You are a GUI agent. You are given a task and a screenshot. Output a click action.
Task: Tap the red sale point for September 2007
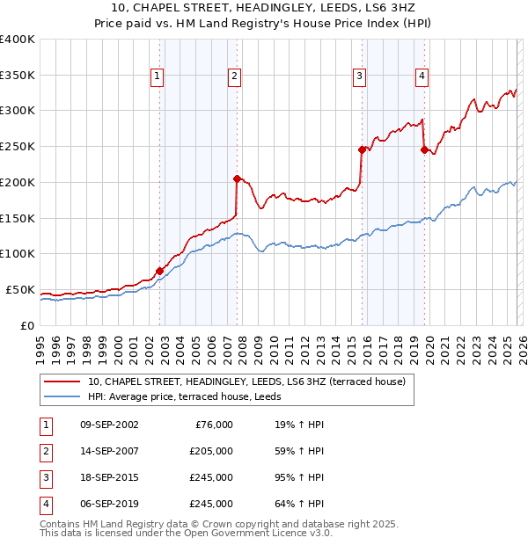237,178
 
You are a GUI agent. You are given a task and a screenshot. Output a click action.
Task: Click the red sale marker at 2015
362,149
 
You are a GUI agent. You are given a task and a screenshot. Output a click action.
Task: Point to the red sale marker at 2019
424,149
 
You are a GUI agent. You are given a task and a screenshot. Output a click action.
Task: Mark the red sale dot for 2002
159,271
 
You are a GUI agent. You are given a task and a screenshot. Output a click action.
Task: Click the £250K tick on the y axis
17,147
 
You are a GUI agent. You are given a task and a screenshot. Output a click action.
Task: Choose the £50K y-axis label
20,289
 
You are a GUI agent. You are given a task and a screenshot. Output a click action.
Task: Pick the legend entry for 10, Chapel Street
246,381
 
